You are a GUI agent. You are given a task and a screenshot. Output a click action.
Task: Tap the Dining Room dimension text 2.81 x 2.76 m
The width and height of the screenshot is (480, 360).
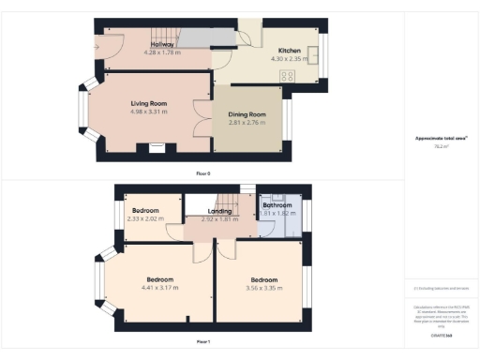click(x=247, y=123)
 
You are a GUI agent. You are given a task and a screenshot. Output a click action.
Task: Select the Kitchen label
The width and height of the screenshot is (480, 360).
click(x=289, y=51)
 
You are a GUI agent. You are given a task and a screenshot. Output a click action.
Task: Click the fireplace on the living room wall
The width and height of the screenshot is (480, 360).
click(x=157, y=146)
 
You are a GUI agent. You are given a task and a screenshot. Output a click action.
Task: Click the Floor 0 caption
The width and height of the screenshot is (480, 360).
click(x=202, y=173)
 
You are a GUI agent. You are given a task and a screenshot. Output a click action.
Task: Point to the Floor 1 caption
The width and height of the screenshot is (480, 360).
click(x=202, y=341)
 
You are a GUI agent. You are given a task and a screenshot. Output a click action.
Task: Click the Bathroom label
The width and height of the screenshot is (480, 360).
click(x=277, y=205)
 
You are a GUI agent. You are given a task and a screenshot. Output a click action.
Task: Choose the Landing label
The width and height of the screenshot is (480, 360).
click(x=219, y=212)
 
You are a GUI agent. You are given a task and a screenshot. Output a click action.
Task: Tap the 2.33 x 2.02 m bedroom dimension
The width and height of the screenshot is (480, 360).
click(x=145, y=219)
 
